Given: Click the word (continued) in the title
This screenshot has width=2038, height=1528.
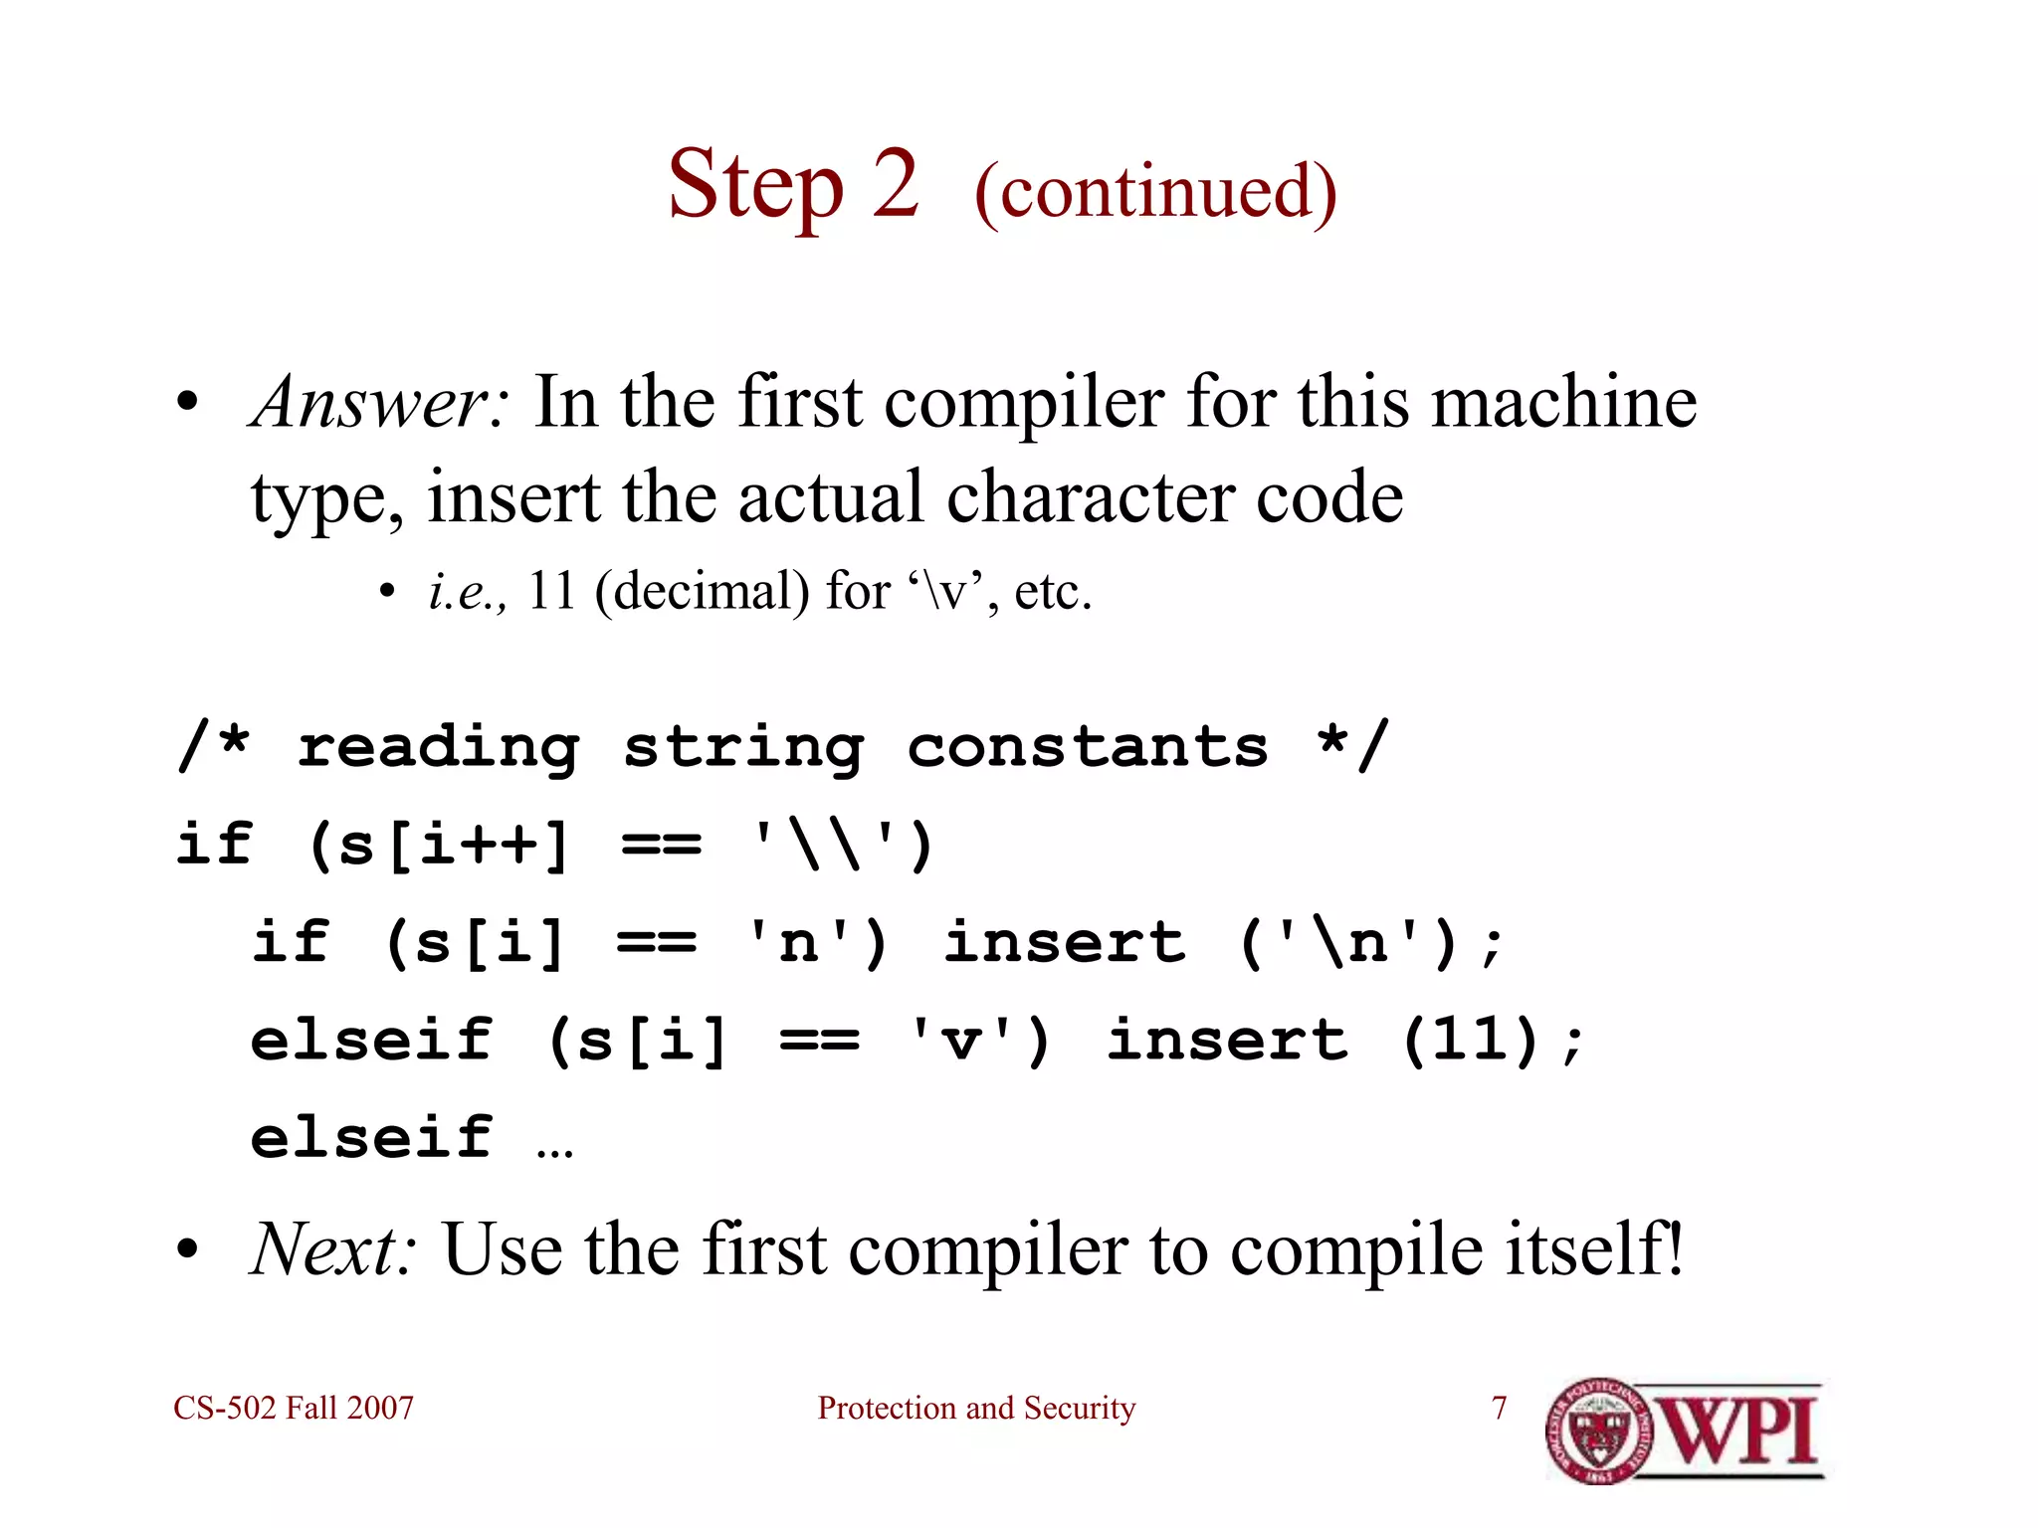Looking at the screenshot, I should click(x=1155, y=191).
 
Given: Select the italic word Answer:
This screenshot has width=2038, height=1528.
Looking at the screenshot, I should click(x=381, y=402).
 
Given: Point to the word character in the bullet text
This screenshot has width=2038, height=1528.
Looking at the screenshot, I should click(x=1089, y=496).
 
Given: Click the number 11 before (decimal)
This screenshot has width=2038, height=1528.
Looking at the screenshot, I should click(x=552, y=591).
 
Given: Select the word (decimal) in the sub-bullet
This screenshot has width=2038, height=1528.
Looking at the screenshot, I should click(x=702, y=591).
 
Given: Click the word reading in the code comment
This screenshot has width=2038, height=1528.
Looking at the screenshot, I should click(x=438, y=748).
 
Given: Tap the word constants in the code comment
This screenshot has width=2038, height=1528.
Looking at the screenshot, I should click(x=1088, y=748).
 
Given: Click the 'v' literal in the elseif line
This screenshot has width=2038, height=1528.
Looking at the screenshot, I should click(x=961, y=1041).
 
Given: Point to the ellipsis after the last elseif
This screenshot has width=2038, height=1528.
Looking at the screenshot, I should click(x=554, y=1149).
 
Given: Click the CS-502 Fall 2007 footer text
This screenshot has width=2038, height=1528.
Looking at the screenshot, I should click(x=294, y=1408).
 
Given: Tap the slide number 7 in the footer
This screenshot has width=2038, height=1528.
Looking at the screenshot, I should click(x=1500, y=1408).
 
